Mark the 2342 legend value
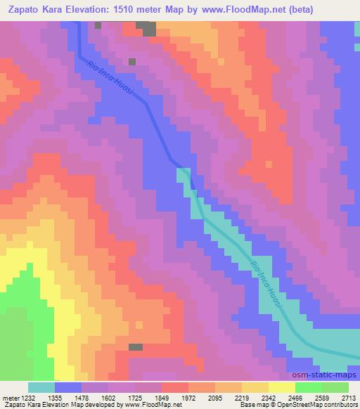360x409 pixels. click(x=297, y=398)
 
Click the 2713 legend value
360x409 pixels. click(x=349, y=398)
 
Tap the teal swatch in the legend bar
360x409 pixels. click(x=41, y=387)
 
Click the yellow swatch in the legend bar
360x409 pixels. click(x=282, y=387)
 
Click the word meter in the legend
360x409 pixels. click(x=10, y=398)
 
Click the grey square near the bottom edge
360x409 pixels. click(x=136, y=347)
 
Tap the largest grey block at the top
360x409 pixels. click(x=146, y=27)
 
